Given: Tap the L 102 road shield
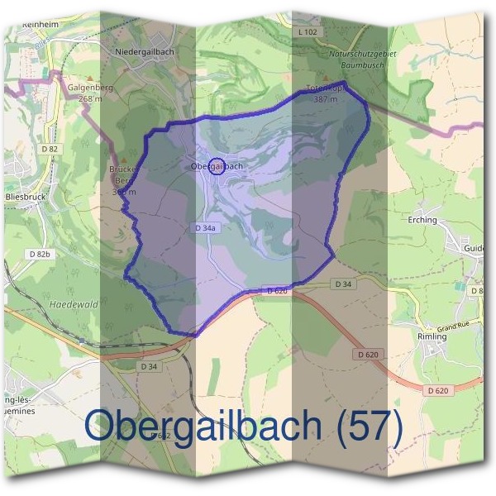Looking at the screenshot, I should coord(306,32).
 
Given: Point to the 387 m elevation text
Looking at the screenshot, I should coord(326,99).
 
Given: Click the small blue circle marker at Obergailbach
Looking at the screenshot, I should coord(216,166).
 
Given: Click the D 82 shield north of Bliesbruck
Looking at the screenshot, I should coord(49,149).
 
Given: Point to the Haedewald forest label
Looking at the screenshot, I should coord(74,304).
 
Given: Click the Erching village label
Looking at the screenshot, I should coord(422,221).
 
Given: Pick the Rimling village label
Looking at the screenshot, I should coord(432,336).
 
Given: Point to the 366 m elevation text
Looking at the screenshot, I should coord(124,192).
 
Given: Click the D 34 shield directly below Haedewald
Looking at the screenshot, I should coord(149,365).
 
